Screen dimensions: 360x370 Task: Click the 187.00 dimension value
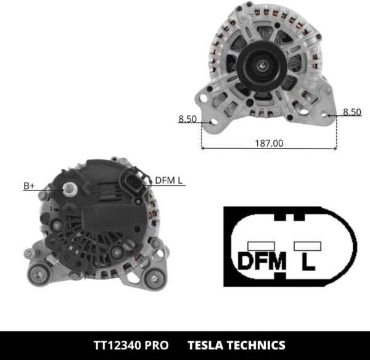[x=269, y=142]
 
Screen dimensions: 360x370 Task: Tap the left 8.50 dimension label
[x=187, y=119]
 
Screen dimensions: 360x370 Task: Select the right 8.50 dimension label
[x=351, y=112]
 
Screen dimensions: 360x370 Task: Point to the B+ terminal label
[x=29, y=185]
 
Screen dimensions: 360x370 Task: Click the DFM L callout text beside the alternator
[x=168, y=180]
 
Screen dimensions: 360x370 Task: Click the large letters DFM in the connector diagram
[x=262, y=261]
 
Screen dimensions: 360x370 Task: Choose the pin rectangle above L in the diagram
[x=308, y=245]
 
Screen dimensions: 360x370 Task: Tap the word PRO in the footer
[x=155, y=345]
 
